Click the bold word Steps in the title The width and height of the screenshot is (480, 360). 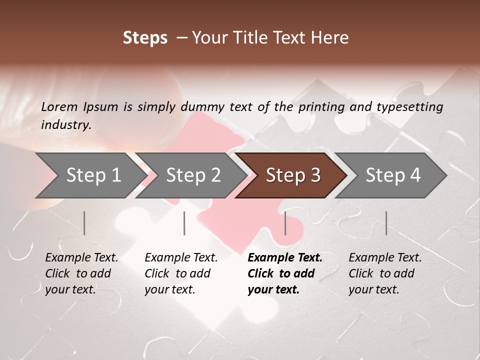[x=145, y=38]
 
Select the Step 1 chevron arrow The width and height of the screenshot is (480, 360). [x=90, y=175]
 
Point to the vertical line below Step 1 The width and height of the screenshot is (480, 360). [x=84, y=223]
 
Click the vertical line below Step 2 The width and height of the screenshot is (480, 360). [x=184, y=223]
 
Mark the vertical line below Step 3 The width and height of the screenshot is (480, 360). [x=285, y=223]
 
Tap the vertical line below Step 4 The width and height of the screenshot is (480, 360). [x=386, y=223]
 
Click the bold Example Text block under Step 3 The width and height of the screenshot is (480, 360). [x=285, y=273]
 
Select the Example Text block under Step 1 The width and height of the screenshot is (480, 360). [x=81, y=273]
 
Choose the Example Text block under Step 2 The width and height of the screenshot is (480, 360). [x=181, y=273]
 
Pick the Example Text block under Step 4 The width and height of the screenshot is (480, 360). [x=385, y=273]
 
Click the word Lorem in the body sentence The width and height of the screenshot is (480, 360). [x=59, y=107]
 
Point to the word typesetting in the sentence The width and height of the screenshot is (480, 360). [x=409, y=107]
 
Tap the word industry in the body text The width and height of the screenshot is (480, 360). [x=65, y=125]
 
